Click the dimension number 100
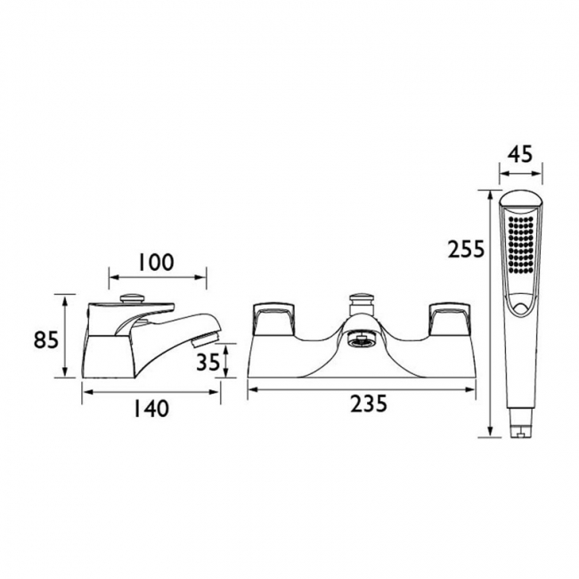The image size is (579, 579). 156,262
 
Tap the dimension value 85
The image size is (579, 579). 46,339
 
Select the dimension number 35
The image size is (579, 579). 208,362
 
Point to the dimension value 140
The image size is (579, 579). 151,409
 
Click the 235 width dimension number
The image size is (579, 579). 369,404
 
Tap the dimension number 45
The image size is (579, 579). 520,154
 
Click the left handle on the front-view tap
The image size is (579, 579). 275,319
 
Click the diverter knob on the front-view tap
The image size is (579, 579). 361,304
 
